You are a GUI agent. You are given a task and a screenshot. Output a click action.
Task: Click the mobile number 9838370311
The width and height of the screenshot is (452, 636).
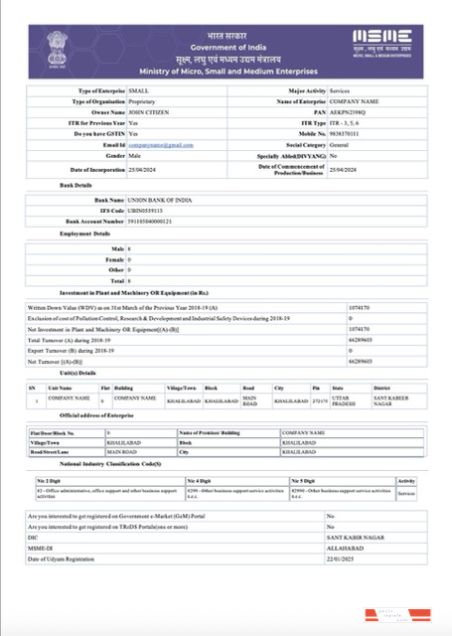click(x=349, y=134)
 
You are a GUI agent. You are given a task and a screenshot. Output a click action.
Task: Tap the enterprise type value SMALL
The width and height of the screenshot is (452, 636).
click(x=140, y=90)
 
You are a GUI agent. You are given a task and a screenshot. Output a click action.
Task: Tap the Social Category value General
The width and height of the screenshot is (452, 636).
click(x=343, y=145)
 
